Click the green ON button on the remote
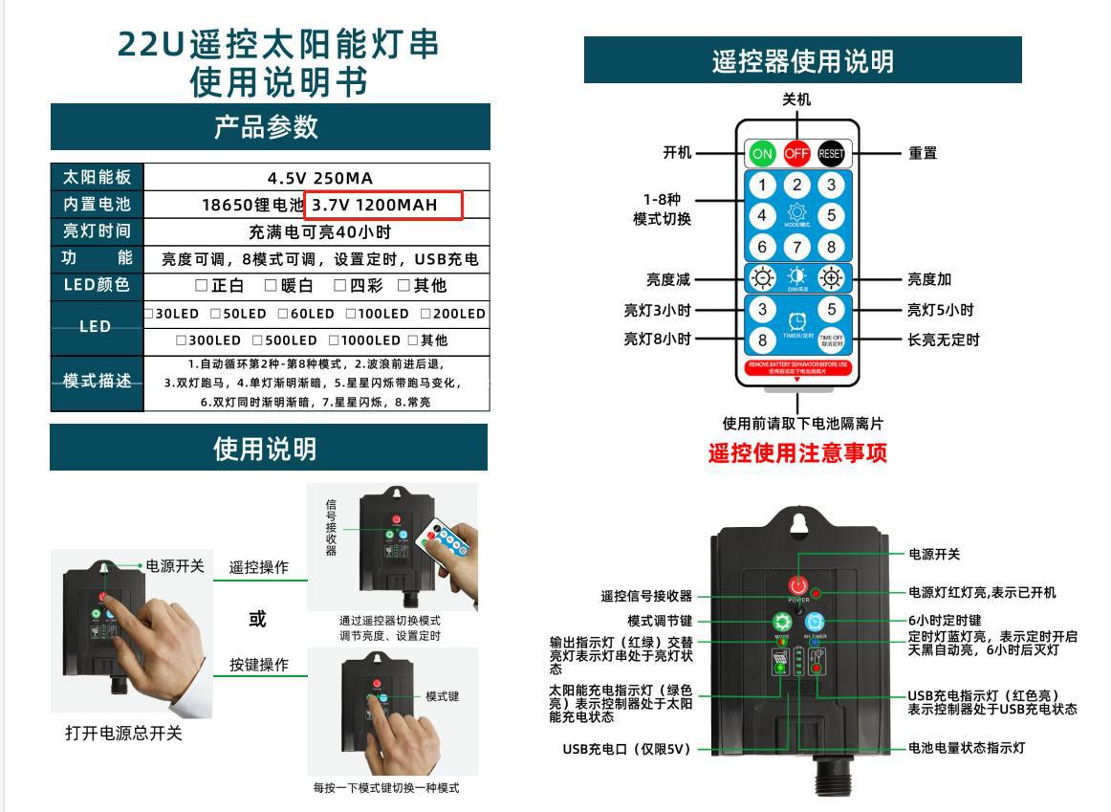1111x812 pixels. coord(762,153)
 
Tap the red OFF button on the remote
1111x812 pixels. coord(796,153)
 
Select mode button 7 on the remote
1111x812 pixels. coord(797,247)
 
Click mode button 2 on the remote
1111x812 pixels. coord(797,185)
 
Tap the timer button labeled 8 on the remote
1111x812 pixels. coord(762,340)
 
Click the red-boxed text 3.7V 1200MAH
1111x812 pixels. coord(383,205)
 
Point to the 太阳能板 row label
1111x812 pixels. coord(97,178)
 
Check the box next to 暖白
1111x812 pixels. coord(271,286)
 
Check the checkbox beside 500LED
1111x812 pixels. coord(257,340)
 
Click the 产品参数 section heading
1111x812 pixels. coord(270,127)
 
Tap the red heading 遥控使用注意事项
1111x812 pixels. coord(797,453)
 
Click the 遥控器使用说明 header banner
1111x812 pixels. coord(802,61)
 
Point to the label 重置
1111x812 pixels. coord(923,153)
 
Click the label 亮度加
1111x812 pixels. coord(929,279)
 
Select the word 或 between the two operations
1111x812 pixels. coord(257,619)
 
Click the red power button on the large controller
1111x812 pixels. coord(798,585)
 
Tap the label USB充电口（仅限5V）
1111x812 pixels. coord(626,748)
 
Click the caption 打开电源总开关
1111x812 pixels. coord(123,734)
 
